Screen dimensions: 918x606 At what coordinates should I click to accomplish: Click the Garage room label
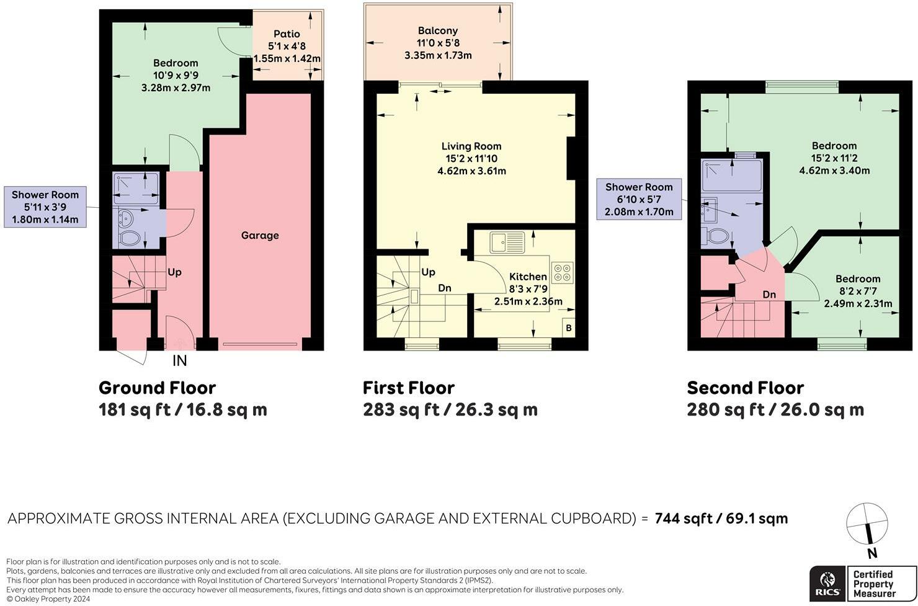click(260, 235)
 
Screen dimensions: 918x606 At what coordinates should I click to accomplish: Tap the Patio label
click(287, 33)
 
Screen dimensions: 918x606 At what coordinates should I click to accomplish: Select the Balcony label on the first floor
click(438, 31)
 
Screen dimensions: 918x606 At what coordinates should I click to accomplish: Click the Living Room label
click(471, 146)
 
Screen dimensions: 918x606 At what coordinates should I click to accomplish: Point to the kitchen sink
click(507, 242)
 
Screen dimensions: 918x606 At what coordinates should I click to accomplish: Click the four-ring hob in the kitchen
click(562, 272)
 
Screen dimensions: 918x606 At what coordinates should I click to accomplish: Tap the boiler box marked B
click(568, 328)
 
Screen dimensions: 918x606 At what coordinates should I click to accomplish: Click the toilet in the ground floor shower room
click(129, 238)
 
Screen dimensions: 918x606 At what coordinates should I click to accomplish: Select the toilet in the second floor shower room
click(715, 236)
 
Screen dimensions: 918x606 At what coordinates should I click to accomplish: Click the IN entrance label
click(180, 360)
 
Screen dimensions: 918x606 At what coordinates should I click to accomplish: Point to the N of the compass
click(872, 553)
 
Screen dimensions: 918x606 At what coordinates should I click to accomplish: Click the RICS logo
click(827, 584)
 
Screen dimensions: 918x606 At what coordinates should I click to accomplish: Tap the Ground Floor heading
click(157, 388)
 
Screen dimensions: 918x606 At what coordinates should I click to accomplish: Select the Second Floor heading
click(746, 388)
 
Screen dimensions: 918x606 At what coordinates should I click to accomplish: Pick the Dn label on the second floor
click(769, 294)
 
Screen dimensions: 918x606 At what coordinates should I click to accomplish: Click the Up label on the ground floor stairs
click(174, 272)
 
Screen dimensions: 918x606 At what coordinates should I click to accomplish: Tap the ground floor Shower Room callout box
click(45, 207)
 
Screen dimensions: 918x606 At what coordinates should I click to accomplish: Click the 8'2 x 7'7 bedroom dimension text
click(858, 292)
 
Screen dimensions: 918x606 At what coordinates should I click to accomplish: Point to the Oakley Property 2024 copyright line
click(48, 599)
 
